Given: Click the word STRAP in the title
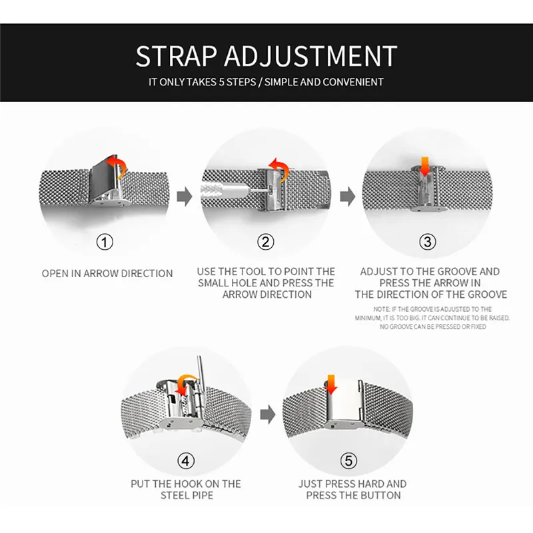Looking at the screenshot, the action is [x=176, y=56].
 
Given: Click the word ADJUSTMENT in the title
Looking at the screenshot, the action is [x=310, y=56].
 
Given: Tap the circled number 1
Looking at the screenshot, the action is [x=105, y=242].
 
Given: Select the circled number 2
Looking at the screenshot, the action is [x=265, y=242].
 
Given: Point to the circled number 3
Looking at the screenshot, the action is [x=427, y=242].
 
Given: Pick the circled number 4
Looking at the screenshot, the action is [x=186, y=461].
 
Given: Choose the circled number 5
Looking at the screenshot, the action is [x=348, y=461].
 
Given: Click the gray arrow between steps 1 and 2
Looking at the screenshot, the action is [x=185, y=197].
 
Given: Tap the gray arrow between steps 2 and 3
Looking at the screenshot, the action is [x=347, y=197].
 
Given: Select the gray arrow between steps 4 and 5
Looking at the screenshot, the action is [x=268, y=414].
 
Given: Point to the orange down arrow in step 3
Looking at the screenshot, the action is [x=424, y=167].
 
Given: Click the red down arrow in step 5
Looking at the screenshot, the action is [x=330, y=384].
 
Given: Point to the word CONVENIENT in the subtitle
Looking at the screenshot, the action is [x=353, y=82].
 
